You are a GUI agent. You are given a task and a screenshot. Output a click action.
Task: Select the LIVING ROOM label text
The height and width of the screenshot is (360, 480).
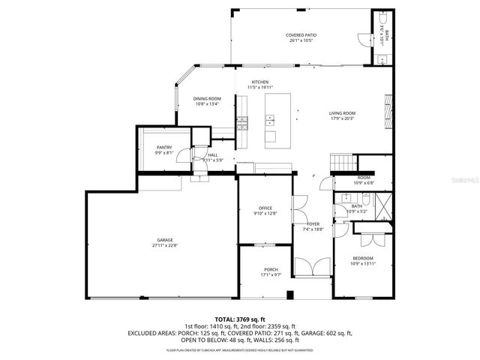[x=341, y=113]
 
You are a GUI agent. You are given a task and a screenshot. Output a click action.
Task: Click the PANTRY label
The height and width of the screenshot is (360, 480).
[x=164, y=147]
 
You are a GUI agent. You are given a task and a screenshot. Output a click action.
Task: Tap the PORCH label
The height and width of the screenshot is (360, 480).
[x=271, y=270]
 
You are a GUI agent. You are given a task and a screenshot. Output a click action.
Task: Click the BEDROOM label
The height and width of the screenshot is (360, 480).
[x=362, y=258]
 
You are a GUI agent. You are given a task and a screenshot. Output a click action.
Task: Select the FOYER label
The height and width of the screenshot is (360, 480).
[x=313, y=224]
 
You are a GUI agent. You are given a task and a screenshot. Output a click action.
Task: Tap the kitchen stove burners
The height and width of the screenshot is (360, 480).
[x=242, y=124]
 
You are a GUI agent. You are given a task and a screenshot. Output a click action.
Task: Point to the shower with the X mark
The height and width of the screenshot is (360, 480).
[x=382, y=205]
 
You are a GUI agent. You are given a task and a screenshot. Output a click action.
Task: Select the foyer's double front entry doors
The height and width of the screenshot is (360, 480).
[x=312, y=268]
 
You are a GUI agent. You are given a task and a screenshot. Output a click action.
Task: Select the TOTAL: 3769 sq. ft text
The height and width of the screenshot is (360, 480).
[x=239, y=319]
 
